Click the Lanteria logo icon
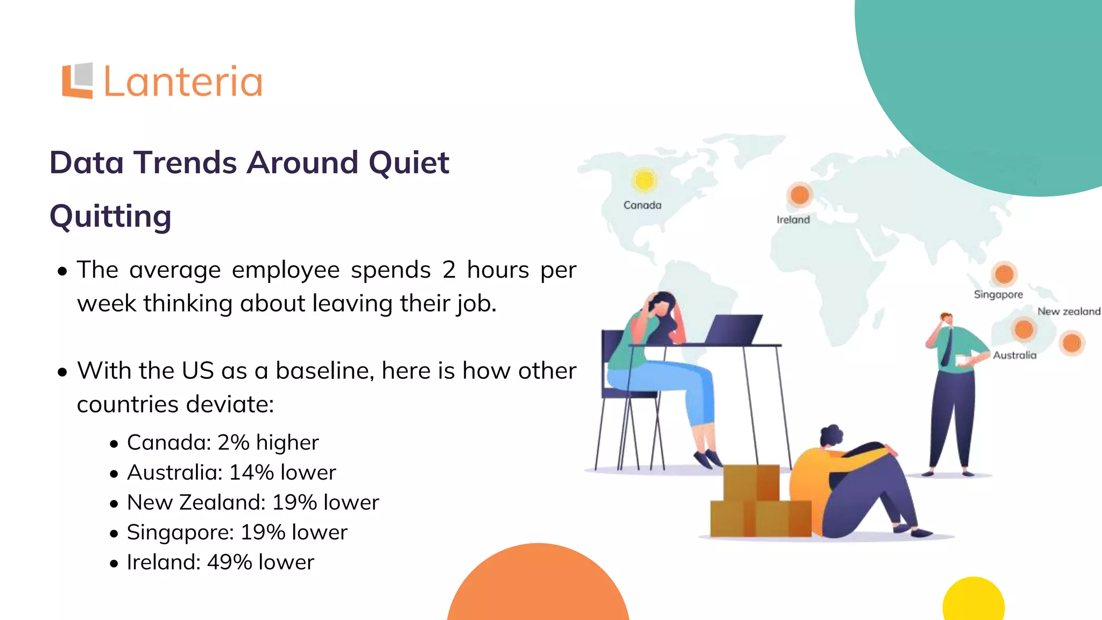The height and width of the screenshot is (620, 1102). click(77, 81)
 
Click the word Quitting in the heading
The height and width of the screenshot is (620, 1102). click(110, 216)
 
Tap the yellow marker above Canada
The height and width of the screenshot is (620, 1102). click(644, 180)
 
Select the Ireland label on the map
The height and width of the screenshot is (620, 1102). click(793, 220)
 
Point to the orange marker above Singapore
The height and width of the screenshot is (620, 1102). click(1004, 274)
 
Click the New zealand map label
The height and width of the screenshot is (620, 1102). click(1069, 312)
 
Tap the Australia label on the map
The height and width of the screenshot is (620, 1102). click(1014, 355)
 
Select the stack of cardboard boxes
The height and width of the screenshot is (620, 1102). click(760, 503)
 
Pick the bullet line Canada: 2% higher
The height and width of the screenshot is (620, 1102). click(223, 442)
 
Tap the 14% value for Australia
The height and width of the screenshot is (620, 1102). click(251, 473)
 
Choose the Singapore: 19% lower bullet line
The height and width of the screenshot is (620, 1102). click(237, 532)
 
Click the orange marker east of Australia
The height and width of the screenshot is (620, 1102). click(1071, 343)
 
